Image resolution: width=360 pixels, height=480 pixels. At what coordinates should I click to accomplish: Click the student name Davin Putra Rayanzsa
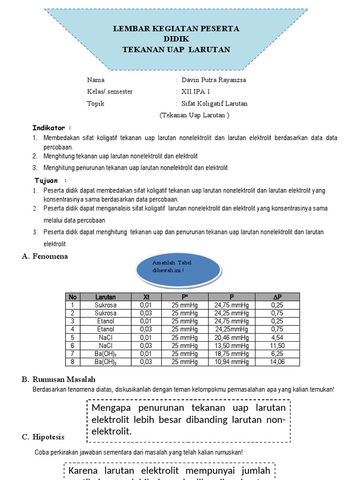click(x=213, y=80)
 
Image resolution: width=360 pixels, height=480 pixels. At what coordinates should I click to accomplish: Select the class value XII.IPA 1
click(x=196, y=91)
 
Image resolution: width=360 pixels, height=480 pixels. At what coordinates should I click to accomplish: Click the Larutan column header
click(x=105, y=297)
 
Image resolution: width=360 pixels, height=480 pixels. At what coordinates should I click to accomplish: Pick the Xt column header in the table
click(x=146, y=297)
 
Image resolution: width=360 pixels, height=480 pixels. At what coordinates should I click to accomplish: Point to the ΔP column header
click(x=277, y=297)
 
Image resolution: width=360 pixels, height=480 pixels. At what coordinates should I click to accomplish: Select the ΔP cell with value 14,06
click(x=277, y=362)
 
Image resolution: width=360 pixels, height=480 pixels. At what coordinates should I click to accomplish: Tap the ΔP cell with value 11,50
click(x=277, y=345)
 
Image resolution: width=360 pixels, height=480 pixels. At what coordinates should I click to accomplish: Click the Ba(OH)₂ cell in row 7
click(x=105, y=354)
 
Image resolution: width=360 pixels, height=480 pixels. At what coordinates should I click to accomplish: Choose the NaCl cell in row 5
click(x=105, y=337)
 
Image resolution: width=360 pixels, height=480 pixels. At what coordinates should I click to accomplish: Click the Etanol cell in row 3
click(x=105, y=321)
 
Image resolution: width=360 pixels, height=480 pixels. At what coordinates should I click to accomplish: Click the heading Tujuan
click(x=47, y=180)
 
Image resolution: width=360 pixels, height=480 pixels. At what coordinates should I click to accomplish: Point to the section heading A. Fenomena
click(x=45, y=256)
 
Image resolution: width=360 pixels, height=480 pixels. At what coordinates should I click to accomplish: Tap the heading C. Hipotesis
click(x=43, y=437)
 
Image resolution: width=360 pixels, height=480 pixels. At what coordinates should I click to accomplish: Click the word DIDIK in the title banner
click(x=176, y=39)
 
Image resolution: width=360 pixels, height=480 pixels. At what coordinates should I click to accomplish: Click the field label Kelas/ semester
click(x=110, y=91)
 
